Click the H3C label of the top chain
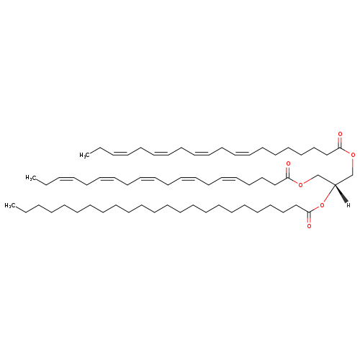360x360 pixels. pyautogui.click(x=84, y=156)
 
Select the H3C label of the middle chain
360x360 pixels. pyautogui.click(x=30, y=178)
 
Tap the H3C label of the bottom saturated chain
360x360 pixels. pyautogui.click(x=9, y=206)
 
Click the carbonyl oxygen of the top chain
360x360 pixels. pyautogui.click(x=340, y=134)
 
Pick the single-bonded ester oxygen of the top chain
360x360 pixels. pyautogui.click(x=353, y=155)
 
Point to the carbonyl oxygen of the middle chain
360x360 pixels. pyautogui.click(x=288, y=164)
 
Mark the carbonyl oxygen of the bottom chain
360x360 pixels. pyautogui.click(x=309, y=226)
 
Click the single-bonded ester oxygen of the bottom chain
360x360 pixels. pyautogui.click(x=322, y=205)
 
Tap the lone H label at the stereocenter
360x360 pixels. pyautogui.click(x=348, y=205)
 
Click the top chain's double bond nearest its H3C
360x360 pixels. pyautogui.click(x=120, y=153)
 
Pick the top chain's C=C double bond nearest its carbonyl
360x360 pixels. pyautogui.click(x=242, y=153)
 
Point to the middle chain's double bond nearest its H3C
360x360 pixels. pyautogui.click(x=66, y=179)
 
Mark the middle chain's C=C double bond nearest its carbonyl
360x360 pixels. pyautogui.click(x=229, y=179)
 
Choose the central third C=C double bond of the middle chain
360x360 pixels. pyautogui.click(x=148, y=179)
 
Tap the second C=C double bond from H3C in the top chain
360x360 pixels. pyautogui.click(x=161, y=153)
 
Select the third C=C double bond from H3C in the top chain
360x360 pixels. pyautogui.click(x=202, y=153)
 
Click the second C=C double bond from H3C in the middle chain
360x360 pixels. pyautogui.click(x=107, y=179)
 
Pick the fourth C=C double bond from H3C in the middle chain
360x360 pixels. pyautogui.click(x=188, y=179)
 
